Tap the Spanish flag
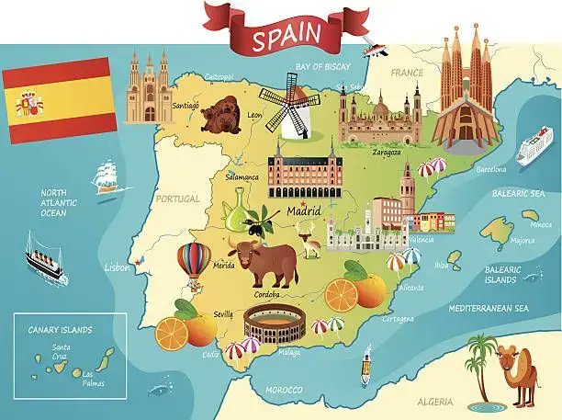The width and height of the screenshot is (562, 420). click(59, 101)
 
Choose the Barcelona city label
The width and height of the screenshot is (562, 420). click(491, 169)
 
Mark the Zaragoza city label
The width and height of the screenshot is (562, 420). click(386, 153)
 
